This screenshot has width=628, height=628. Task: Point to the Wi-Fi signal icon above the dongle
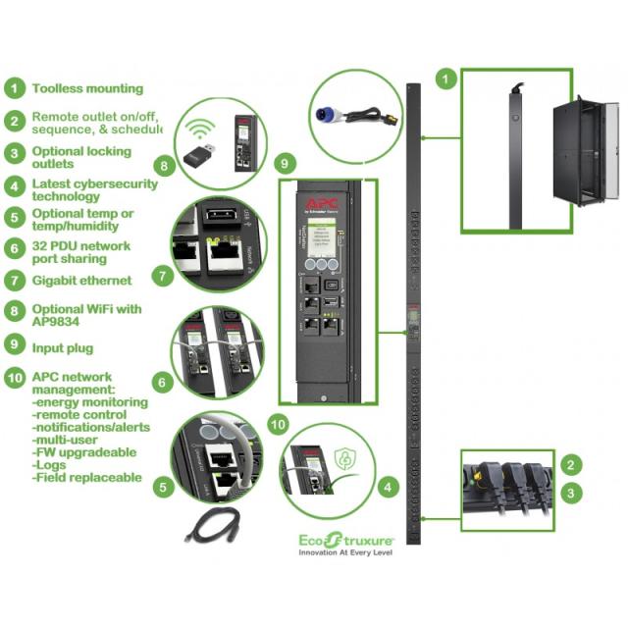[x=203, y=129]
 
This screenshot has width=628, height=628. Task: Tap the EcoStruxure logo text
[x=344, y=539]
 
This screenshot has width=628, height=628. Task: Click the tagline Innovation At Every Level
[x=345, y=553]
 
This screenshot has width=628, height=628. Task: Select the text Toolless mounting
[x=87, y=88]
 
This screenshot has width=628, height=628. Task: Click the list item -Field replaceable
[x=86, y=478]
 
